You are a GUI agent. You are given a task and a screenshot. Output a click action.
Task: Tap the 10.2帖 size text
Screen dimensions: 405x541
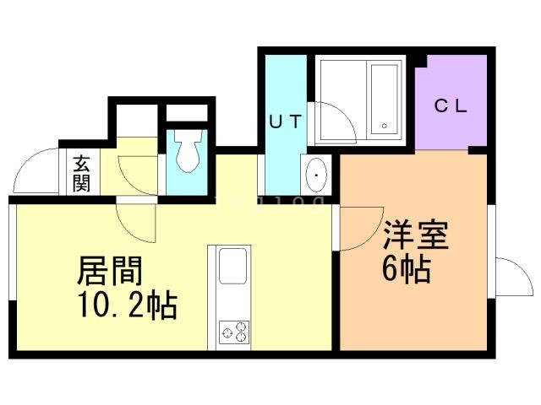[x=127, y=306]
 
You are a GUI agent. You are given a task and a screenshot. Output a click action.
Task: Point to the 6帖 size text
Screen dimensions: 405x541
[x=407, y=271]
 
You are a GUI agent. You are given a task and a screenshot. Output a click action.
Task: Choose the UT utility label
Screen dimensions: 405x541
[x=285, y=121]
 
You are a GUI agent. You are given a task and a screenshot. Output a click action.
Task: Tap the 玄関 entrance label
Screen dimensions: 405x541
[x=81, y=172]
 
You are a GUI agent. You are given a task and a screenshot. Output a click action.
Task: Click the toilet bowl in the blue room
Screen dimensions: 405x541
[x=187, y=153]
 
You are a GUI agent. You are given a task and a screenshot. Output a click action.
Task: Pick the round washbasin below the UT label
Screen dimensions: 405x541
[x=318, y=175]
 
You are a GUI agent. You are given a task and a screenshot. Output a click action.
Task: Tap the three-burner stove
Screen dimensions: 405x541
[x=233, y=332]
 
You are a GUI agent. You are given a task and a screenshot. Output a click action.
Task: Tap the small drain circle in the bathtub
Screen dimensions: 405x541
[x=385, y=126]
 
